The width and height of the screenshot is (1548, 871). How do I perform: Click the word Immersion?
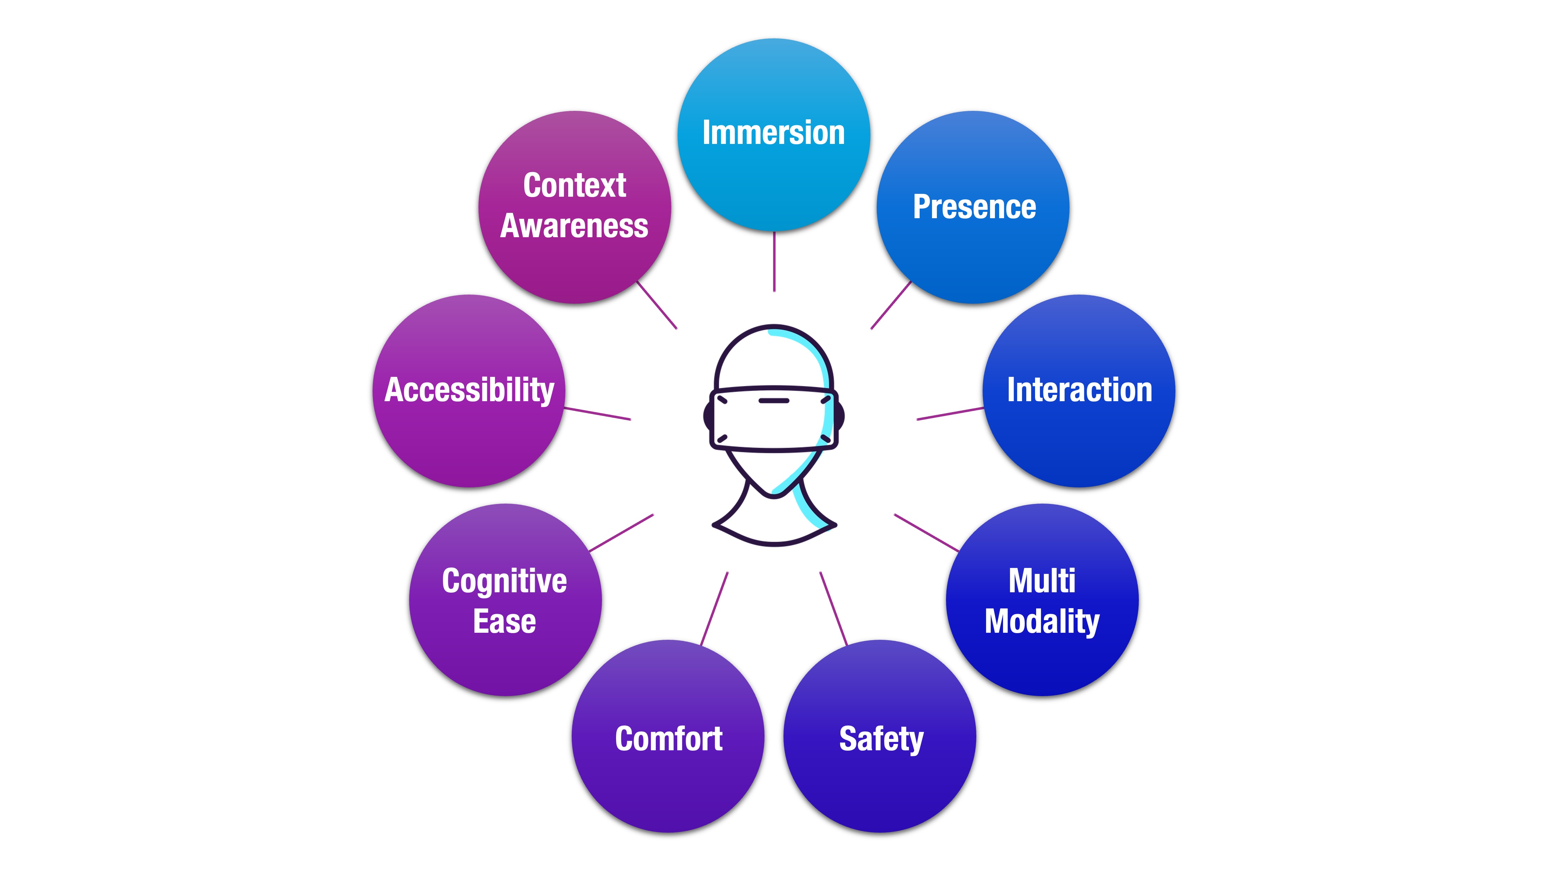(773, 133)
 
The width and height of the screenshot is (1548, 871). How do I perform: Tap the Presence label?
(974, 207)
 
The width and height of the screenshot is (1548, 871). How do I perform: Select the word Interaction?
(1079, 390)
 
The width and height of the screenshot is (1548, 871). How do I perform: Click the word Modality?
(1042, 621)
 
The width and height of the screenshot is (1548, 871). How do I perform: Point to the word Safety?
(881, 739)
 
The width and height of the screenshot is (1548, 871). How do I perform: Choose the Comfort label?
(668, 739)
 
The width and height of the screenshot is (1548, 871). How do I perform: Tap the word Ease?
(504, 621)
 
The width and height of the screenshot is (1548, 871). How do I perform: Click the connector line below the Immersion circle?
(774, 261)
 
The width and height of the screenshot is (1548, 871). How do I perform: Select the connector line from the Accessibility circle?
(597, 414)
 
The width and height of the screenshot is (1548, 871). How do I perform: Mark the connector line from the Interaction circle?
(950, 414)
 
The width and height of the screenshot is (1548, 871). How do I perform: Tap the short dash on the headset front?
(773, 400)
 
